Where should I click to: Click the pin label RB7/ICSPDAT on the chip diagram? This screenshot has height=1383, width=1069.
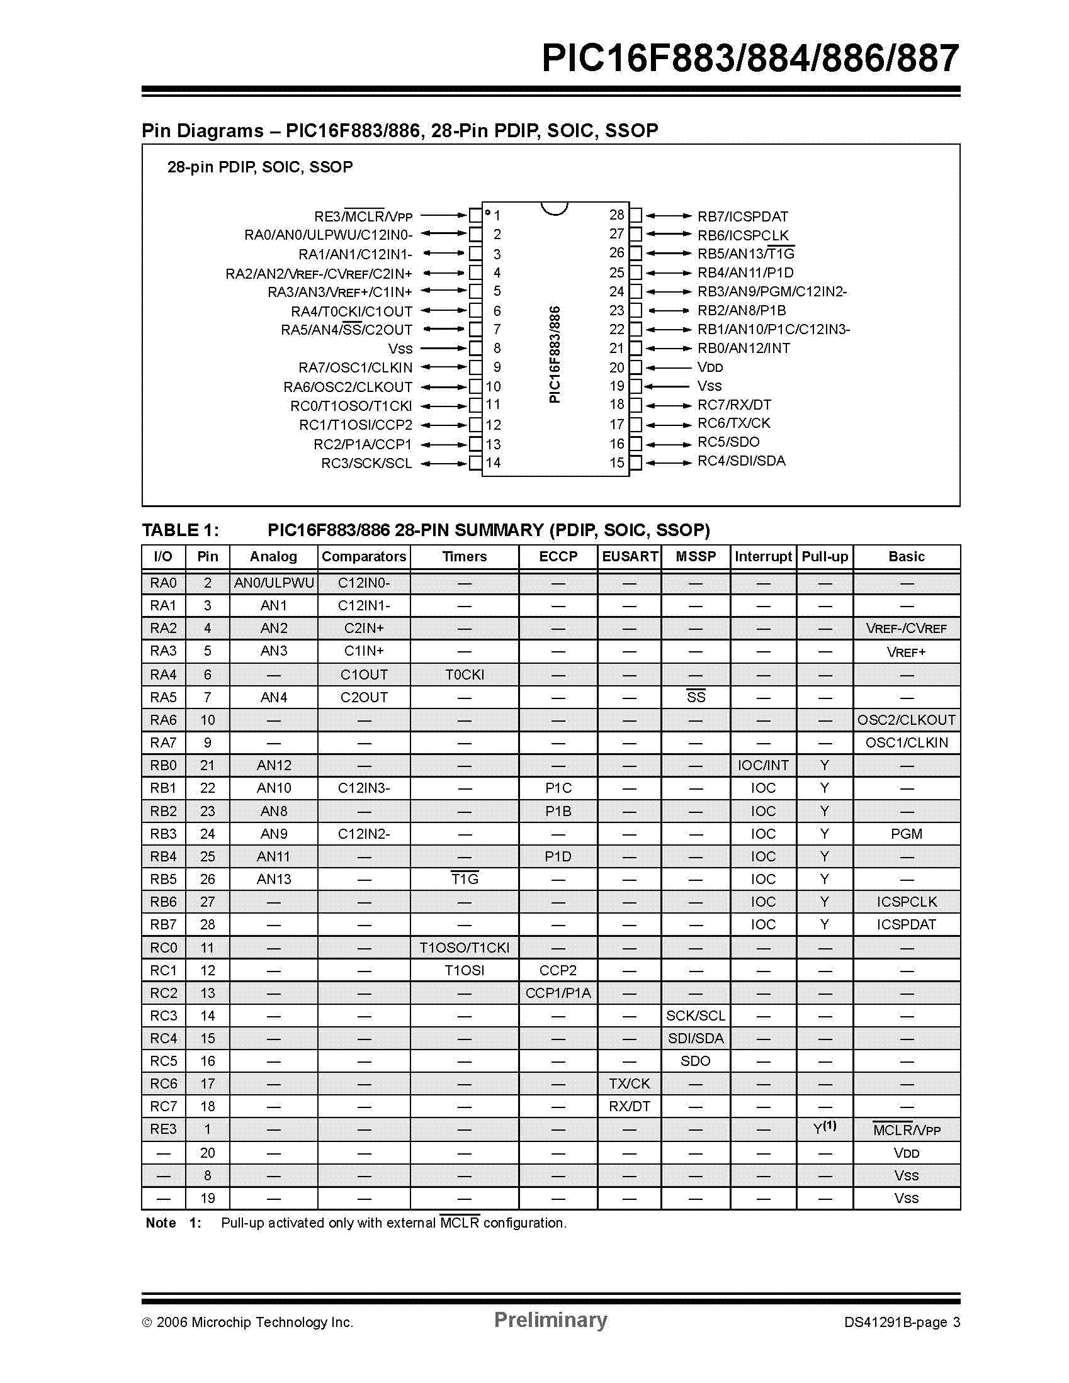(743, 216)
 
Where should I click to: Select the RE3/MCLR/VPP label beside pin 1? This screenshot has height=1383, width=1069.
(363, 216)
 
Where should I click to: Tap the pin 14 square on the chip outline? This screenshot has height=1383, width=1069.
(475, 464)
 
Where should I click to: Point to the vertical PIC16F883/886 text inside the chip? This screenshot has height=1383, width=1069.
(555, 355)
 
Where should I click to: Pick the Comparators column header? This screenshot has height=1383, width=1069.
(364, 557)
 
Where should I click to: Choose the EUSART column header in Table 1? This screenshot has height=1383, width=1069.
(629, 557)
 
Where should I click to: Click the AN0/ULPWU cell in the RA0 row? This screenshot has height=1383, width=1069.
(274, 583)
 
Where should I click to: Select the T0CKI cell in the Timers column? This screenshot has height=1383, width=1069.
(465, 675)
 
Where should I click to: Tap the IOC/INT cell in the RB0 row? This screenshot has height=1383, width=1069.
(763, 766)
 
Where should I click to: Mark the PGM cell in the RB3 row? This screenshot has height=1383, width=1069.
(906, 834)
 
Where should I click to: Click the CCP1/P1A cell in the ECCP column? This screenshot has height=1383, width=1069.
(558, 994)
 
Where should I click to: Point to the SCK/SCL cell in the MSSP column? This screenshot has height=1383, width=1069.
(695, 1016)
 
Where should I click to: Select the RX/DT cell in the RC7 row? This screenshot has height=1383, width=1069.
(629, 1106)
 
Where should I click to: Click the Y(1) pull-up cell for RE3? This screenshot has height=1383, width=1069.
(824, 1128)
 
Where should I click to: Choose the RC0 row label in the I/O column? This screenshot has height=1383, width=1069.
(164, 948)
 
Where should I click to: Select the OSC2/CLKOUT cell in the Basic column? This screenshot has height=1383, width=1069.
(906, 720)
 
